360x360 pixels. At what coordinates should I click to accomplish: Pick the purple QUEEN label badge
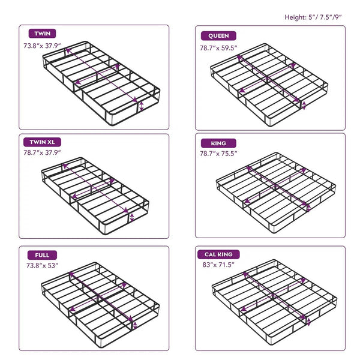(218, 35)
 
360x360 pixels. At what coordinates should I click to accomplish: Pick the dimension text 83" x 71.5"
(217, 265)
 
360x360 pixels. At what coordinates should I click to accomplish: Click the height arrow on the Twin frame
(141, 106)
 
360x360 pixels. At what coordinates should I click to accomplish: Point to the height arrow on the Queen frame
(304, 106)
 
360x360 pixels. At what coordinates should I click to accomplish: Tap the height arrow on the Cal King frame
(308, 322)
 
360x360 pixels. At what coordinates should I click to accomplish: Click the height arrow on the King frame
(309, 208)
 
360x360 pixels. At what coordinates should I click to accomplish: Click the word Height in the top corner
(296, 17)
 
